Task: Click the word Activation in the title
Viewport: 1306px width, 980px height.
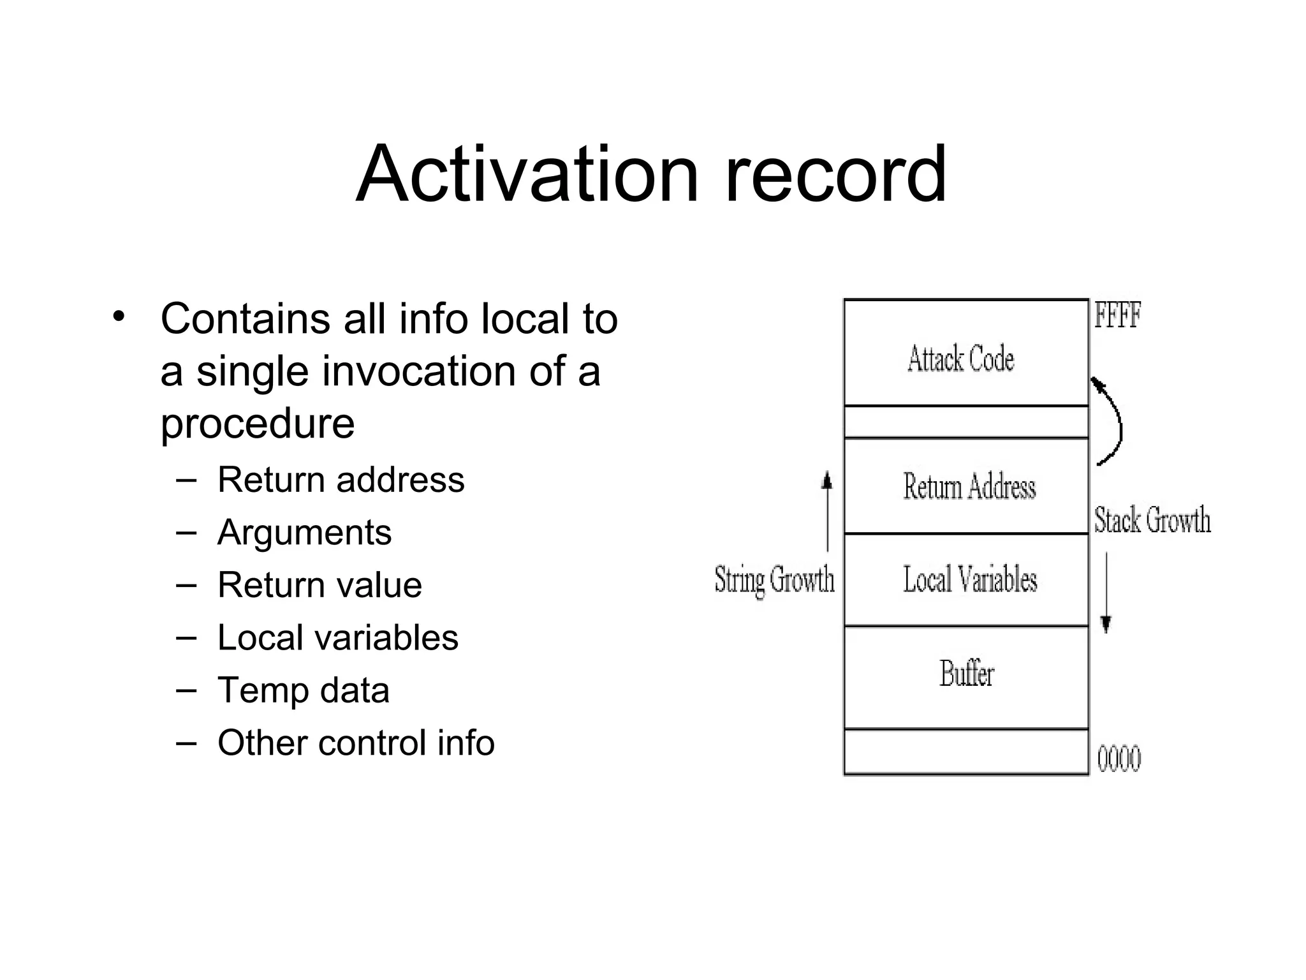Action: [527, 174]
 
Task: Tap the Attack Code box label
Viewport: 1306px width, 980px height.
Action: [960, 359]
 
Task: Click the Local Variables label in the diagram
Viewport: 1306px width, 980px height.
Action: [969, 579]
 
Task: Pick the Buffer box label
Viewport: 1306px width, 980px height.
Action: [966, 674]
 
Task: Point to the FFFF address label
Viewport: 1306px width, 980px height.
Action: [1117, 316]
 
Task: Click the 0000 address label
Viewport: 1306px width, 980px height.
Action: [1119, 759]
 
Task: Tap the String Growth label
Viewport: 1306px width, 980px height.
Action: [774, 580]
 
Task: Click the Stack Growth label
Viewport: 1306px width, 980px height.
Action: [1152, 519]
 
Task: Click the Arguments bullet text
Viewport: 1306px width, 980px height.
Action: [304, 532]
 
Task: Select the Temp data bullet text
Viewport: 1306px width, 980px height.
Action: [303, 690]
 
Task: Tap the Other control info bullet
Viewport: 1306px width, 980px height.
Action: [356, 743]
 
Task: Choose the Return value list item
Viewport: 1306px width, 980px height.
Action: [319, 584]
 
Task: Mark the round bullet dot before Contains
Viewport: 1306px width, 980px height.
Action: [118, 316]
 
